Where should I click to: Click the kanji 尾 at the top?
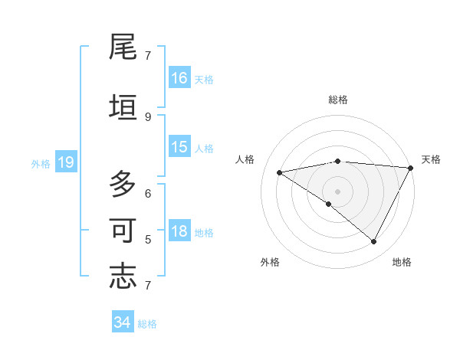pos(123,47)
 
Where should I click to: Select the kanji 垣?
pos(123,107)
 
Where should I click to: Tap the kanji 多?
pos(123,185)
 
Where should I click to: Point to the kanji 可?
pos(123,231)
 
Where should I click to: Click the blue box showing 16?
pos(179,78)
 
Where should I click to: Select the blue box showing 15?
pos(179,147)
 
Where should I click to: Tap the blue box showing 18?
pos(179,231)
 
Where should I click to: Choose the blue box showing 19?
pos(65,162)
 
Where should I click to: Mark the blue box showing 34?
pos(122,322)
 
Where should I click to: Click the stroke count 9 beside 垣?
pos(148,116)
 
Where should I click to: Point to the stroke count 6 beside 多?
pos(148,193)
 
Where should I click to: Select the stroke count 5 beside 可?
pos(148,239)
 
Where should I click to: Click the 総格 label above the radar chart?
pos(338,100)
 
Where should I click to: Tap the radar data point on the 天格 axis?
pos(411,168)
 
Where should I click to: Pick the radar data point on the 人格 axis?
pos(280,172)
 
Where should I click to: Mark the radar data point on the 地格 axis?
pos(373,242)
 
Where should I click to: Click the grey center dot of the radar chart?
pos(337,191)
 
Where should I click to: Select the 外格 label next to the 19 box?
pos(41,163)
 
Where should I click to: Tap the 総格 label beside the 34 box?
pos(147,324)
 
